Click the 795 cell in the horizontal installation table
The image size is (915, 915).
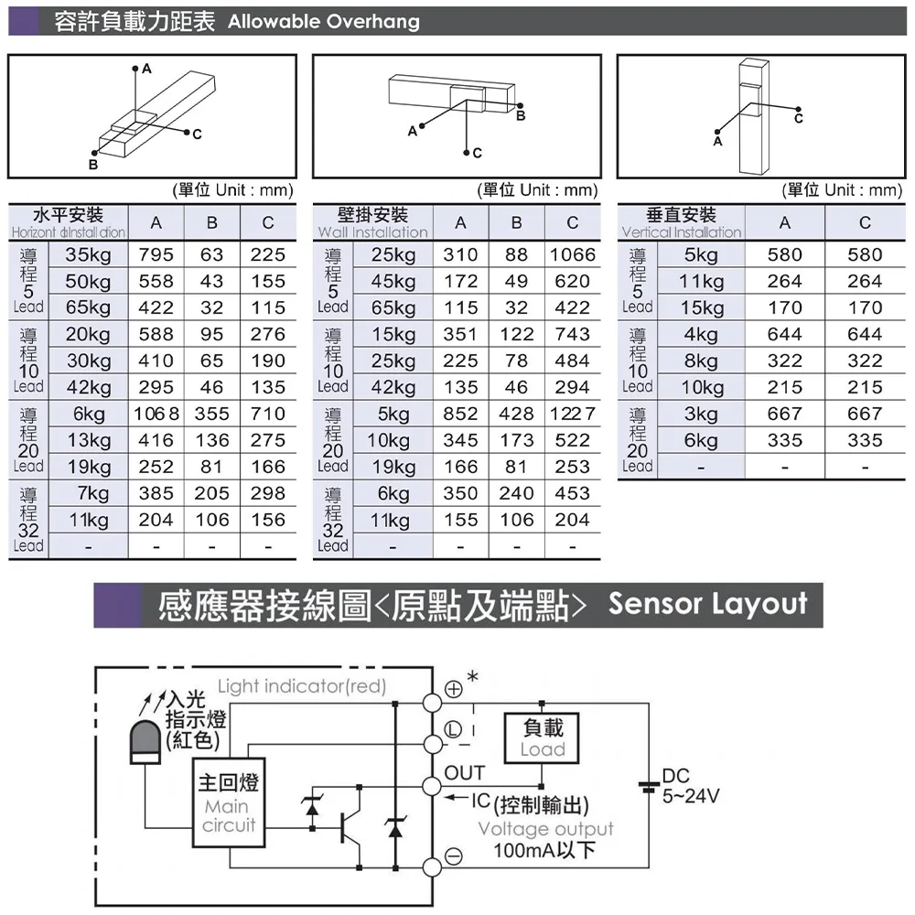coord(156,254)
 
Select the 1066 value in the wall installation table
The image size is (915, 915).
coord(572,254)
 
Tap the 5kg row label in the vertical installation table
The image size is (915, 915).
coord(701,254)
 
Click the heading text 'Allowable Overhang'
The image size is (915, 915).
coord(323,21)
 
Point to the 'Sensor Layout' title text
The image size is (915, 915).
coord(707,605)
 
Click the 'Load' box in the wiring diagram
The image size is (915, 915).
coord(543,738)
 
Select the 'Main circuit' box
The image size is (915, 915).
coord(228,802)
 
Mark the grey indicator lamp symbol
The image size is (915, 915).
coord(145,740)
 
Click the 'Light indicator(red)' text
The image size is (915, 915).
coord(302,686)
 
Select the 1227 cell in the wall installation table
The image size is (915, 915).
coord(572,414)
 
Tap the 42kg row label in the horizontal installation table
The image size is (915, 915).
coord(88,387)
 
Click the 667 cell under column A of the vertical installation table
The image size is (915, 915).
coord(784,414)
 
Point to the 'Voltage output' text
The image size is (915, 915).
coord(545,829)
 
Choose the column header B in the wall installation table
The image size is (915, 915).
coord(516,222)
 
